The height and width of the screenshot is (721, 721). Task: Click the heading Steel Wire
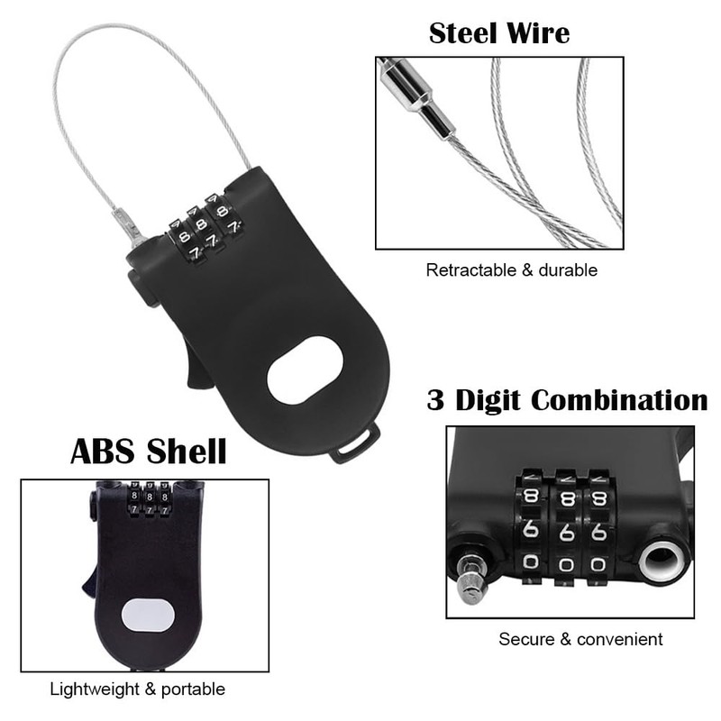coord(498,33)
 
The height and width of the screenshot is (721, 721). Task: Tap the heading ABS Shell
coord(149,451)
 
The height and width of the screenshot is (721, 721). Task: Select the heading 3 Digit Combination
coord(567,399)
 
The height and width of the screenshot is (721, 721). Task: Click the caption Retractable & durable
coord(511,269)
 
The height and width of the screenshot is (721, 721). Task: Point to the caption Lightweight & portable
coord(137,689)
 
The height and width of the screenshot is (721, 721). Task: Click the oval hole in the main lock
coord(306,370)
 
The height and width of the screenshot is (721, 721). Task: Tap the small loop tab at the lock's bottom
coord(354,443)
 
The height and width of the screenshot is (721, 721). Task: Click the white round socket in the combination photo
coord(660,561)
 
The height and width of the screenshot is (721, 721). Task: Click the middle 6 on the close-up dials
coord(567,531)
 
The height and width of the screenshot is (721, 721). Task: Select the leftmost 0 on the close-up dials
coord(531,565)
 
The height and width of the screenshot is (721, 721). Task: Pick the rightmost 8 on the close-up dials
coord(598,498)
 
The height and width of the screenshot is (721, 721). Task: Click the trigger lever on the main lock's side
coord(201,366)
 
